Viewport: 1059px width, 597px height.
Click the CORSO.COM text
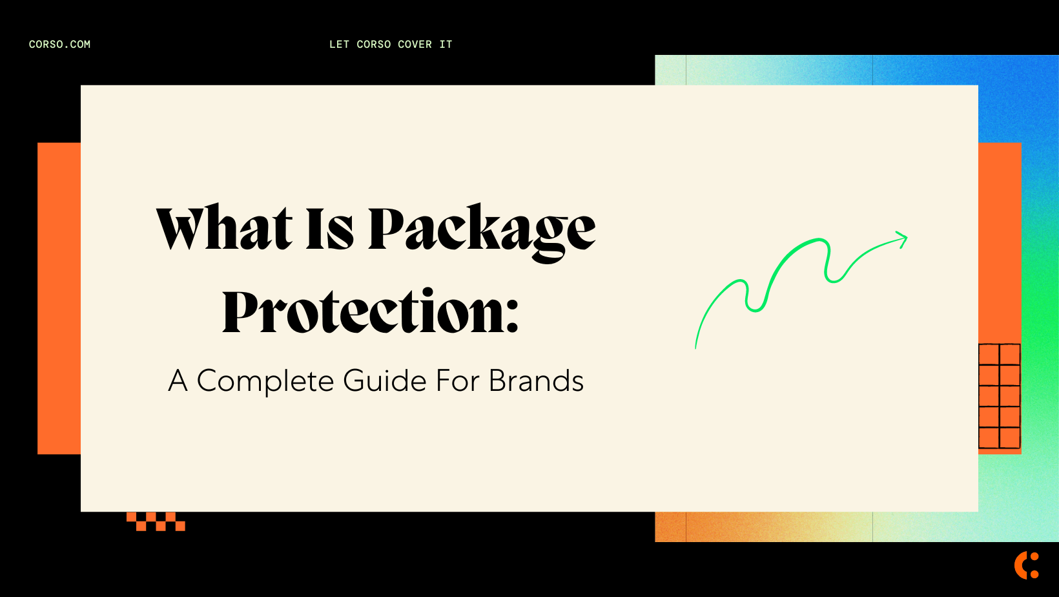pyautogui.click(x=59, y=45)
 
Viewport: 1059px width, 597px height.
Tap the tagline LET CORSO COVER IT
pyautogui.click(x=391, y=45)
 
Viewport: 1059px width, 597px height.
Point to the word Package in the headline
pyautogui.click(x=481, y=230)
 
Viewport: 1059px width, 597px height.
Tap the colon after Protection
pyautogui.click(x=512, y=317)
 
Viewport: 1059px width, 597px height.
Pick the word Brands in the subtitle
pyautogui.click(x=536, y=381)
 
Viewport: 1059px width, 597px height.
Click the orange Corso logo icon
pyautogui.click(x=1026, y=565)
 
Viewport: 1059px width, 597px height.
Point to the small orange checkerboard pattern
pyautogui.click(x=156, y=521)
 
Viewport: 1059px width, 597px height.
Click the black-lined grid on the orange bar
pyautogui.click(x=999, y=396)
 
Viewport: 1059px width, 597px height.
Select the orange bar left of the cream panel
pyautogui.click(x=59, y=298)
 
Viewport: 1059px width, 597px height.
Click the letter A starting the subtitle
pyautogui.click(x=178, y=381)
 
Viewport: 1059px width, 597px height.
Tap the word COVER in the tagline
pyautogui.click(x=415, y=45)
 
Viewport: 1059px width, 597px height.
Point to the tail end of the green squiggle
pyautogui.click(x=696, y=346)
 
